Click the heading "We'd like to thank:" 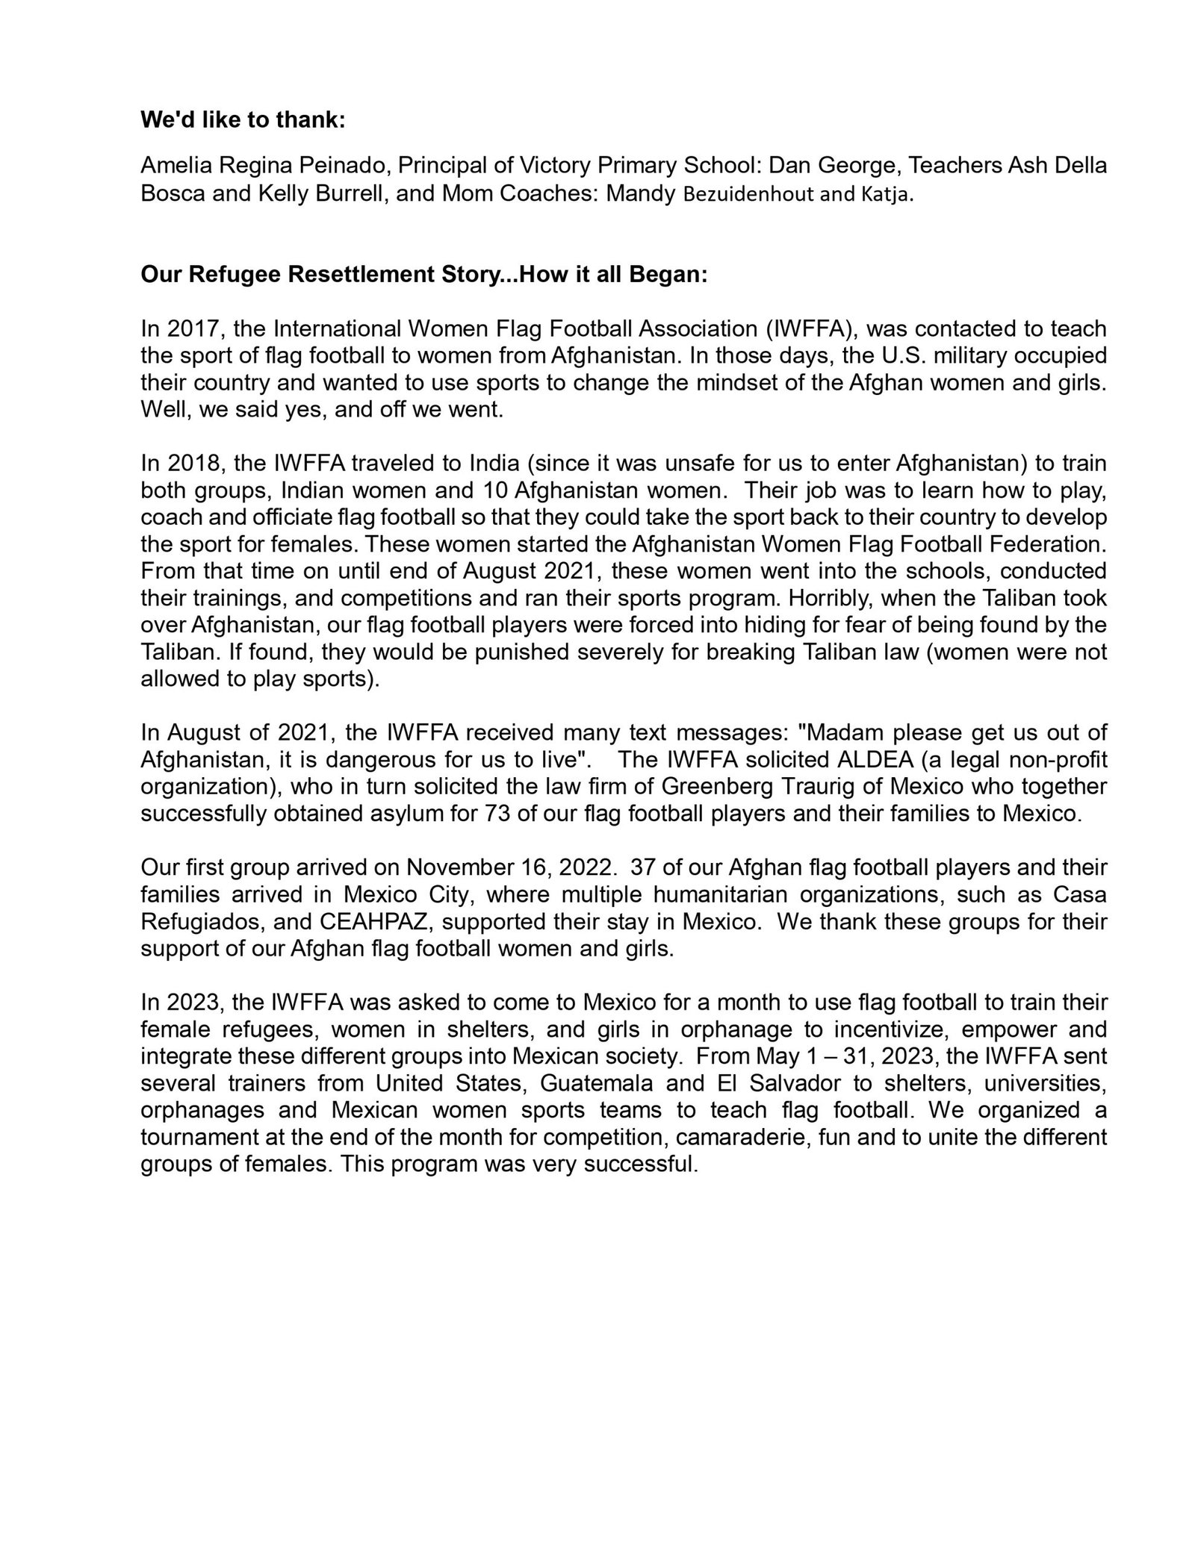(x=243, y=121)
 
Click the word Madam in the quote (x=836, y=732)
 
